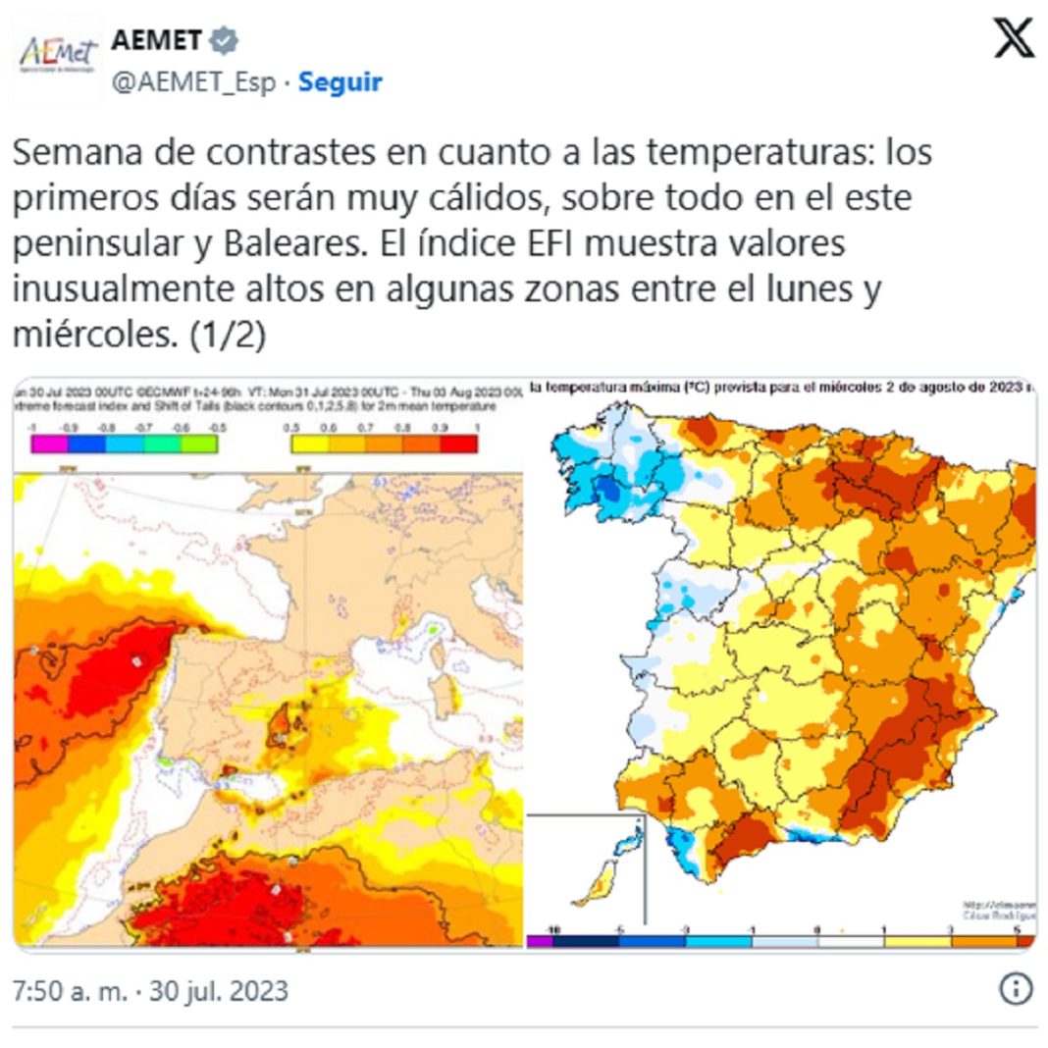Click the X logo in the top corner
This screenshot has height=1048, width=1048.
pyautogui.click(x=1014, y=39)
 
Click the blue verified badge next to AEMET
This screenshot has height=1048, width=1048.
pyautogui.click(x=226, y=40)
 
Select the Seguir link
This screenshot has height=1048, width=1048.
pyautogui.click(x=340, y=82)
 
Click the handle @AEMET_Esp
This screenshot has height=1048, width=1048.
pyautogui.click(x=193, y=82)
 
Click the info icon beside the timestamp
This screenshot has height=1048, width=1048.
pyautogui.click(x=1016, y=988)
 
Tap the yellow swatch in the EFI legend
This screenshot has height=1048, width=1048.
pyautogui.click(x=306, y=444)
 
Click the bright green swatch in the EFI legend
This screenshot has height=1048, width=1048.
pyautogui.click(x=201, y=444)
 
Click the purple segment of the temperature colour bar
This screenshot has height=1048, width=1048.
pyautogui.click(x=540, y=941)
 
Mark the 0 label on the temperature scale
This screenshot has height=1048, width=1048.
pyautogui.click(x=816, y=928)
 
